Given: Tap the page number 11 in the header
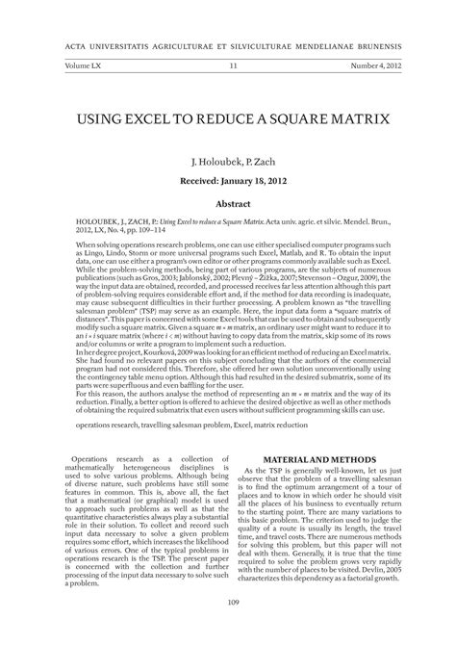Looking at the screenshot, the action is pyautogui.click(x=233, y=65).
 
